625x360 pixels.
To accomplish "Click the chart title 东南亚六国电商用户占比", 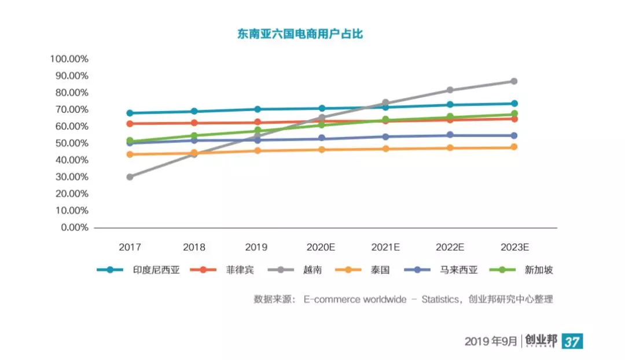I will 300,34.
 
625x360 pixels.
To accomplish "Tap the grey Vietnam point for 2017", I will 130,177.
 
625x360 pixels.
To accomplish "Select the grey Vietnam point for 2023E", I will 514,81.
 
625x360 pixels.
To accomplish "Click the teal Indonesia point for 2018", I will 194,111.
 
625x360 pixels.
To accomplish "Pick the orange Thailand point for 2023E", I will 514,147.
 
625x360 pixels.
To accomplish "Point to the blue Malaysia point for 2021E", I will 385,137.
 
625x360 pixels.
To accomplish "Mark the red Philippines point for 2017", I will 130,124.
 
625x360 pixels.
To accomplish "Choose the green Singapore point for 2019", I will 258,131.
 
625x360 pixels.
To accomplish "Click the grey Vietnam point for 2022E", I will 450,90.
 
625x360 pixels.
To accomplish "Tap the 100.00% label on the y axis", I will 69,59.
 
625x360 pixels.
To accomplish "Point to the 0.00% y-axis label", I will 73,227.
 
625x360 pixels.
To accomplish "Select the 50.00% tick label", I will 71,144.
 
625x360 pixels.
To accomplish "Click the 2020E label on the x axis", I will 321,247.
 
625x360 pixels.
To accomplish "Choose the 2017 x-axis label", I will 130,247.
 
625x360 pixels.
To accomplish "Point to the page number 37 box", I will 572,341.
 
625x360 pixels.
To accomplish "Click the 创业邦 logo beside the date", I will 541,341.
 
